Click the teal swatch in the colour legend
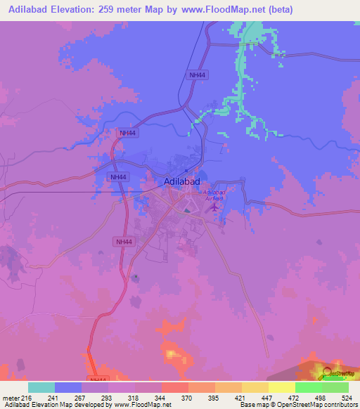[x=41, y=387]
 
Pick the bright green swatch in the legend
[x=308, y=387]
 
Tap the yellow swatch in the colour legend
[x=281, y=387]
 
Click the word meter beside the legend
[x=10, y=397]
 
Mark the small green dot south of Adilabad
[x=136, y=276]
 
